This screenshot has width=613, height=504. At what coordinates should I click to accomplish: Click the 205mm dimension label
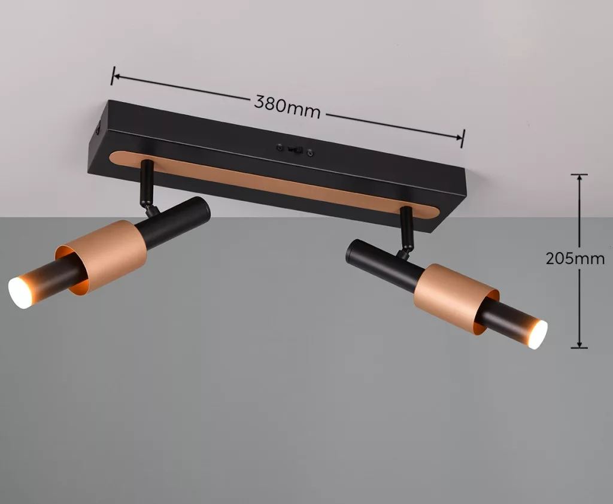tap(575, 259)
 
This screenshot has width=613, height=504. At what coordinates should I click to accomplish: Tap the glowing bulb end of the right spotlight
tap(538, 334)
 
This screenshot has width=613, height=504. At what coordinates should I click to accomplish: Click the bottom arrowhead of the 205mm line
tap(579, 344)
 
